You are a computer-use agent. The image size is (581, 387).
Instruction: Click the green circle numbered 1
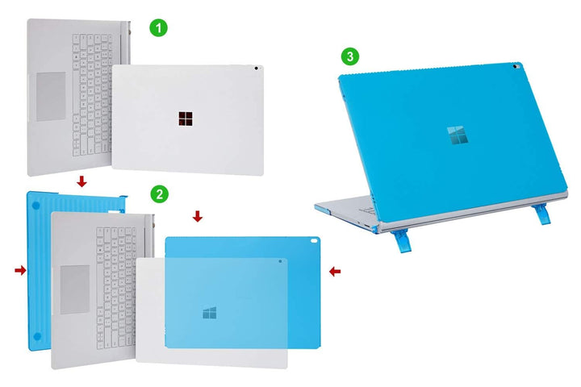pyautogui.click(x=160, y=27)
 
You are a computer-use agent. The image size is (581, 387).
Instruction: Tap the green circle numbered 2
pyautogui.click(x=160, y=193)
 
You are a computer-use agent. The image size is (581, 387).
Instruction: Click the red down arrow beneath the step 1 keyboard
pyautogui.click(x=81, y=183)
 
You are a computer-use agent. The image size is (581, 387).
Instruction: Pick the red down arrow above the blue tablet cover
pyautogui.click(x=198, y=216)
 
